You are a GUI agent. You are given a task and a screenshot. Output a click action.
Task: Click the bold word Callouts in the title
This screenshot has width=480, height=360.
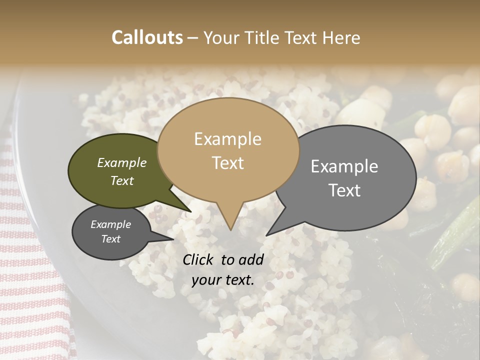tap(147, 37)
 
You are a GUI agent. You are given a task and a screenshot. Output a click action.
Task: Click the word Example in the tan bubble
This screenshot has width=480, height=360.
tap(227, 139)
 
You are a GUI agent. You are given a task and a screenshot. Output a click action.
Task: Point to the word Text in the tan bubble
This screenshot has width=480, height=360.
tap(227, 163)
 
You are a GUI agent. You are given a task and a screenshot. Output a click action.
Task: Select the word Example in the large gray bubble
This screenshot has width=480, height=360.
tap(344, 166)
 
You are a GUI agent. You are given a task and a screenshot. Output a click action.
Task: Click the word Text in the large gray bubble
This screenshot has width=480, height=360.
tap(344, 190)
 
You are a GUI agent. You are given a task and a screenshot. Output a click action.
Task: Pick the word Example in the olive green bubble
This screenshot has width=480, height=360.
tap(122, 163)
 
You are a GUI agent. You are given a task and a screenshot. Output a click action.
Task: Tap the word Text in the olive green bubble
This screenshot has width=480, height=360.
tap(122, 181)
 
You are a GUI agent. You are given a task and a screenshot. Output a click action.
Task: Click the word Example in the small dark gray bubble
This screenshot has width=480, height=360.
tap(111, 224)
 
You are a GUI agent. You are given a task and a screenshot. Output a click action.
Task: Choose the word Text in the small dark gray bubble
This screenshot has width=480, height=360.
tap(111, 239)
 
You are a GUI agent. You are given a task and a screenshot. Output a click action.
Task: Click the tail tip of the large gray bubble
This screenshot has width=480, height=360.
tap(266, 235)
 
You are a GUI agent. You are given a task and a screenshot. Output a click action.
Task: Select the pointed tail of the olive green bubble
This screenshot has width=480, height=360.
tap(190, 212)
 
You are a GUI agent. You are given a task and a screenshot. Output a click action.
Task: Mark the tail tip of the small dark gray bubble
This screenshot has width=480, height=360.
tap(173, 239)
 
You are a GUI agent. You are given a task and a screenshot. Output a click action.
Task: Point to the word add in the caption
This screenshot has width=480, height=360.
tap(251, 259)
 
